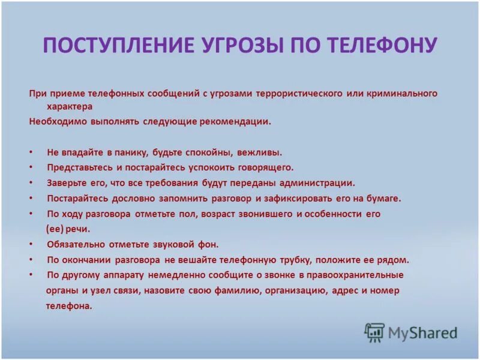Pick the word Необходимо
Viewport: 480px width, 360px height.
[x=54, y=121]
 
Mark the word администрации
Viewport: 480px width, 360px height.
[x=317, y=183]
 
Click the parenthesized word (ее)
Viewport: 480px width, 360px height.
[x=54, y=229]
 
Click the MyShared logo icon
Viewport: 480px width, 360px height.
[x=374, y=332]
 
